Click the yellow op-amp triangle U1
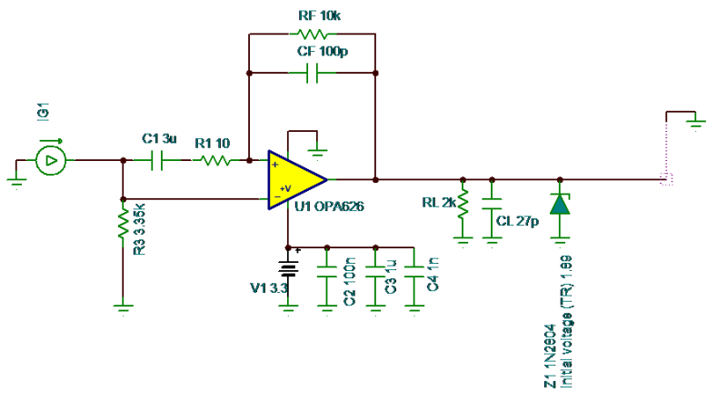click(295, 179)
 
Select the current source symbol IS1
click(51, 161)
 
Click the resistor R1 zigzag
click(215, 161)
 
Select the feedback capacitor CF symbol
click(312, 73)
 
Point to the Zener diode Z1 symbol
click(561, 205)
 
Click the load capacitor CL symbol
click(492, 206)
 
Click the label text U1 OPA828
click(330, 207)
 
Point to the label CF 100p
click(322, 52)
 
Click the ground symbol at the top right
click(695, 120)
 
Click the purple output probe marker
click(668, 173)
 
